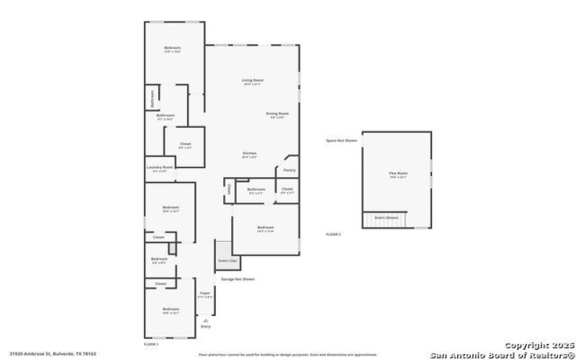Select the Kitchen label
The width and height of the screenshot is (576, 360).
coord(250,153)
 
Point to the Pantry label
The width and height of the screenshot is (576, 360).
coord(289,171)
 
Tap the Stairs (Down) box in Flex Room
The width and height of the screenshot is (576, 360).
coord(386,216)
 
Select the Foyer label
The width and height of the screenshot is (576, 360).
coord(204,294)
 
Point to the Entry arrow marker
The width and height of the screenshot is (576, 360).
coord(205,325)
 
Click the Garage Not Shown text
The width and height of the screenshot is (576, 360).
coord(238,279)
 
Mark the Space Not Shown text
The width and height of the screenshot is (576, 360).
coord(341,140)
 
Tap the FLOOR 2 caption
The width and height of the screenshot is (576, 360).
coord(333,234)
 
